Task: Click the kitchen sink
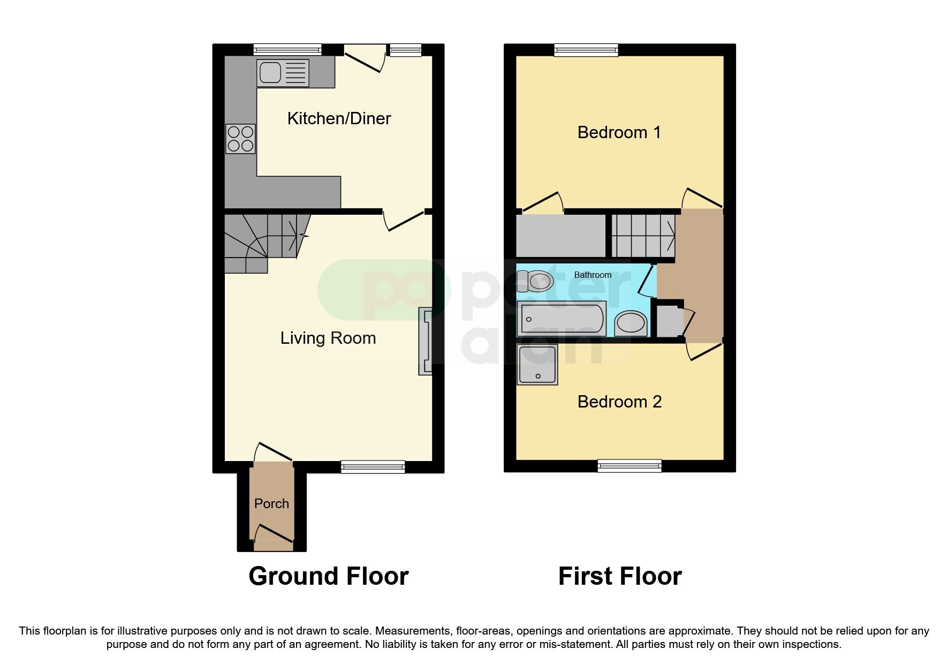coord(283,73)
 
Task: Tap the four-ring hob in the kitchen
coord(240,139)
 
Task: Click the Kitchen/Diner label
coord(339,118)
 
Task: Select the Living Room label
coord(328,338)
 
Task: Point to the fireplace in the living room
coord(425,341)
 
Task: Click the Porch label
coord(271,503)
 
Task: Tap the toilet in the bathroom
coord(535,281)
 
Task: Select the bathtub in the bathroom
coord(562,319)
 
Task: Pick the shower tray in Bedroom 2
coord(537,365)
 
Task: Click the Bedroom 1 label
coord(619,132)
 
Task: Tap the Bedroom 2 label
coord(619,402)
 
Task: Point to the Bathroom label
coord(593,275)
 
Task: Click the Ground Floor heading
coord(329,576)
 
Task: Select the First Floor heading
coord(620,576)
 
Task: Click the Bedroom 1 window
coord(586,50)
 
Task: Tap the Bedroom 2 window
coord(630,466)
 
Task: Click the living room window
coord(373,466)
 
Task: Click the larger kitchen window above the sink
coord(287,50)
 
